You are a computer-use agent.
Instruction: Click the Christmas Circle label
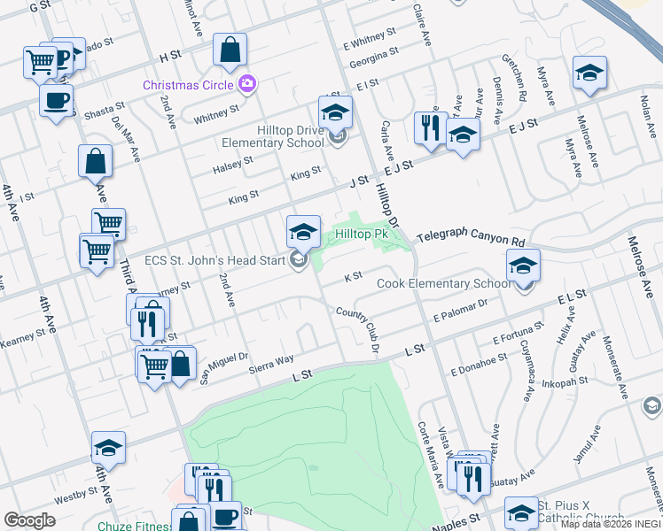[189, 84]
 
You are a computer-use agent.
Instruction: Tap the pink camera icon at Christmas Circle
[246, 84]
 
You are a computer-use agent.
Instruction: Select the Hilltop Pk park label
[362, 235]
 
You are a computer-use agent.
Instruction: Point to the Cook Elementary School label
[444, 283]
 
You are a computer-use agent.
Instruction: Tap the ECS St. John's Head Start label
[214, 260]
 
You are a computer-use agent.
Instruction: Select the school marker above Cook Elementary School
[523, 265]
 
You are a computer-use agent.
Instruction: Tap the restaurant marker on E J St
[427, 127]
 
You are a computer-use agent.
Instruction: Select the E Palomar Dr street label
[461, 310]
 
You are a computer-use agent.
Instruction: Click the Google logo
[29, 520]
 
